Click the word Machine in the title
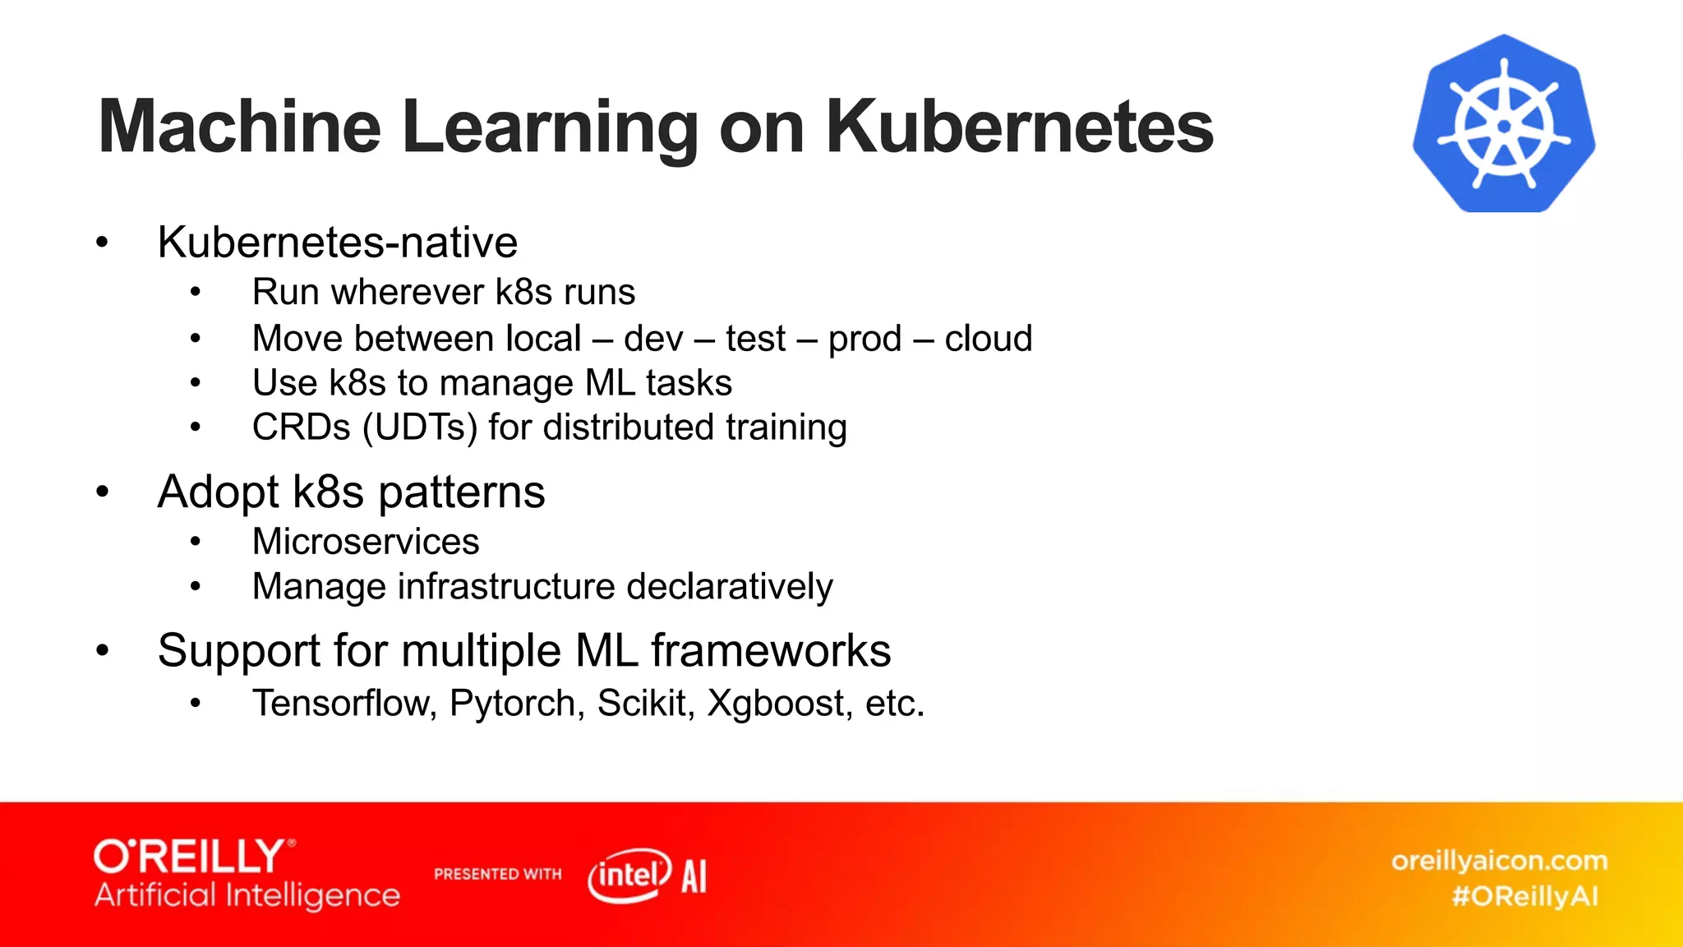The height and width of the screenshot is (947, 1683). point(239,127)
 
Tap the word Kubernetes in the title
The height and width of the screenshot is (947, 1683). point(1019,127)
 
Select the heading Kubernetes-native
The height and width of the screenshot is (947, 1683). point(337,243)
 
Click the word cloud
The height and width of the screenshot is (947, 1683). point(988,339)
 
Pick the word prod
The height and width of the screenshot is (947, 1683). point(865,339)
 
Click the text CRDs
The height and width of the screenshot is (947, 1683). point(301,427)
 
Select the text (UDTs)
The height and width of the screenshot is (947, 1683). point(420,427)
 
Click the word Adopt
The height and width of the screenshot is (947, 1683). point(219,492)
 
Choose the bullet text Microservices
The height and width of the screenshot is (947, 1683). point(366,542)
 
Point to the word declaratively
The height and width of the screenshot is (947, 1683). point(730,587)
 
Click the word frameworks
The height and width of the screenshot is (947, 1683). point(771,651)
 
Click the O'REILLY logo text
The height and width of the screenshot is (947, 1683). point(191,857)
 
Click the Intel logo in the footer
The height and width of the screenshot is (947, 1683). point(629,875)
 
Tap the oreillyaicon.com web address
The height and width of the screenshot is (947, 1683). point(1499,861)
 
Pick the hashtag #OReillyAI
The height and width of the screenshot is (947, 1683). point(1524,896)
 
